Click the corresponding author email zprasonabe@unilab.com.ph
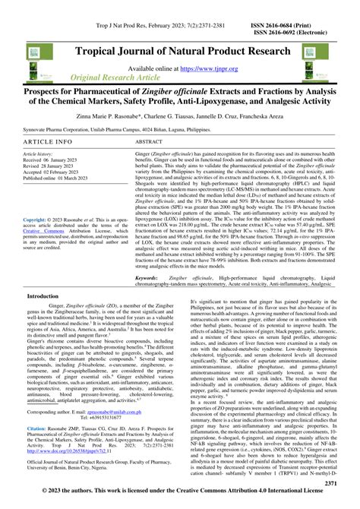pyautogui.click(x=132, y=412)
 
